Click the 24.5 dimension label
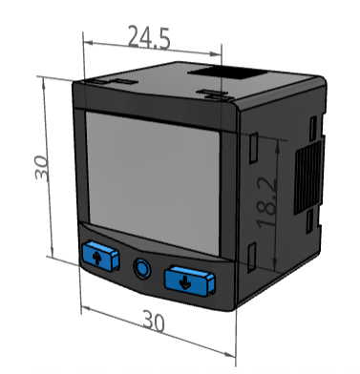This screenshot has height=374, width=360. (149, 37)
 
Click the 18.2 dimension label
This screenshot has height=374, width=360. (266, 202)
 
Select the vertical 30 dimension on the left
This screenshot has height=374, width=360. (42, 167)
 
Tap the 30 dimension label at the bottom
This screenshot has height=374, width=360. (154, 322)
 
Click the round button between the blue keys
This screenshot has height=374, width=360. (142, 267)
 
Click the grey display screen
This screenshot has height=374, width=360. (154, 183)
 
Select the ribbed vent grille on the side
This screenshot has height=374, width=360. (307, 177)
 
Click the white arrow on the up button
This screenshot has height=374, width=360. (97, 257)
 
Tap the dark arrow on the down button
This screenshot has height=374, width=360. (185, 282)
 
